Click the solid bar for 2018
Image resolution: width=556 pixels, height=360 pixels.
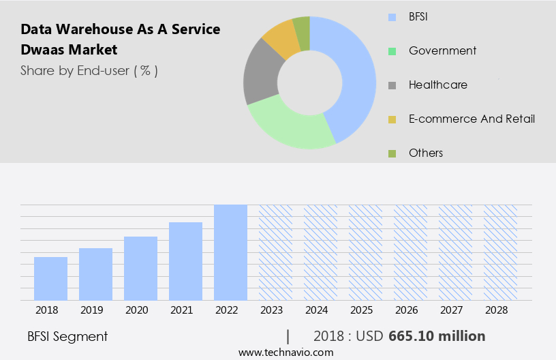point(50,278)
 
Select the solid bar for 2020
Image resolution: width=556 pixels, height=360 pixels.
point(140,268)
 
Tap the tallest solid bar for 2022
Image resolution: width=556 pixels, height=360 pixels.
point(230,252)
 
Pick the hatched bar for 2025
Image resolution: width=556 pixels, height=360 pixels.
point(365,252)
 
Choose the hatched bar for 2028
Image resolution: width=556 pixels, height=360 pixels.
point(500,252)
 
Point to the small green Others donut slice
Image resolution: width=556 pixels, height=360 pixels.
point(302,27)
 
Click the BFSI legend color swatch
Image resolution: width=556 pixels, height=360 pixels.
point(392,17)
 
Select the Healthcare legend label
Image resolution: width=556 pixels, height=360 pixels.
point(437,85)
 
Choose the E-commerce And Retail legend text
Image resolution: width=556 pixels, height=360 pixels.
point(472,119)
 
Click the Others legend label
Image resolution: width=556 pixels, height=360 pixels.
point(426,153)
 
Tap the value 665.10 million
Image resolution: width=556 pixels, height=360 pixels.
point(437,336)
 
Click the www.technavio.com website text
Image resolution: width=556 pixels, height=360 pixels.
point(285,352)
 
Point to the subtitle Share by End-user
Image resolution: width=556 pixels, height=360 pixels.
point(89,70)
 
